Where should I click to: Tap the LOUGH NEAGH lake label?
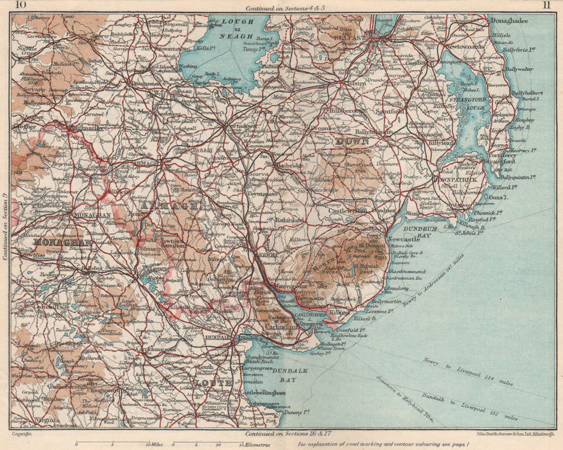coord(238,26)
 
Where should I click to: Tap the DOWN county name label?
coord(352,141)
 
